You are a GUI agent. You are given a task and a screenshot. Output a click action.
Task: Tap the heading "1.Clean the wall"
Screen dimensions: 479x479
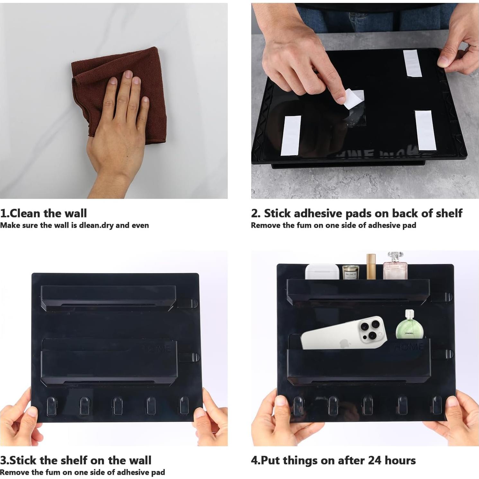[43, 213]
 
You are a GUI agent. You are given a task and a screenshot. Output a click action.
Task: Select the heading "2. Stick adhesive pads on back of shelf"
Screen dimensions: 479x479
[357, 213]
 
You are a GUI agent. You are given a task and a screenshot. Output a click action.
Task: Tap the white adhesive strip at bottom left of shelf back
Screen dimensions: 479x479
[291, 135]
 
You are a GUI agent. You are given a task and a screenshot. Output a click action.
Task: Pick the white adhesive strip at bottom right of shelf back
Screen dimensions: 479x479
[425, 130]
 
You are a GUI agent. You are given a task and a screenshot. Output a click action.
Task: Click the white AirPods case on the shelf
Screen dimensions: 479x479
[322, 272]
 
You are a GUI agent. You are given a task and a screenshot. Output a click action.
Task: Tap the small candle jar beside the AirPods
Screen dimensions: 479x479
[350, 272]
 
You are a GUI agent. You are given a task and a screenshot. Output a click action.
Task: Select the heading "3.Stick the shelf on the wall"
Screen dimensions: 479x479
[75, 460]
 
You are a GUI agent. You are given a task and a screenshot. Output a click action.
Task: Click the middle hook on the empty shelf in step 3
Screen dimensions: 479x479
[118, 406]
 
